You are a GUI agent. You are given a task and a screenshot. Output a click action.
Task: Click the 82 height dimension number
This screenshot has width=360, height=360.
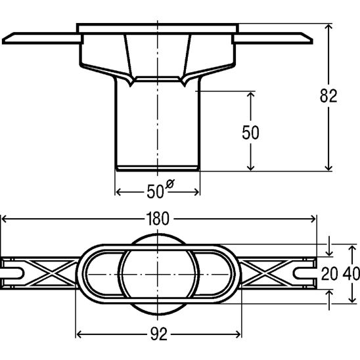point(328,96)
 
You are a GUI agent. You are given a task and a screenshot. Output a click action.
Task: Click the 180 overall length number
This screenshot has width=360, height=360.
point(158,219)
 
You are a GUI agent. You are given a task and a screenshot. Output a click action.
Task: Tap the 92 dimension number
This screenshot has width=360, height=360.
point(159,334)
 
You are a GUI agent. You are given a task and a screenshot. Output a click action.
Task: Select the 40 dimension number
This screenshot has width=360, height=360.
point(351,274)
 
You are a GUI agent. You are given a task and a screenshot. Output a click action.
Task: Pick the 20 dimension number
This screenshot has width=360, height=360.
point(330,274)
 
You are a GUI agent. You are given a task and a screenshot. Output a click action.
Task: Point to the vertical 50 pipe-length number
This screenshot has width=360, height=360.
point(250,133)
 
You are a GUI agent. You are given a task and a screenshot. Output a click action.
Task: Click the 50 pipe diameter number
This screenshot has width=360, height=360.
point(155,191)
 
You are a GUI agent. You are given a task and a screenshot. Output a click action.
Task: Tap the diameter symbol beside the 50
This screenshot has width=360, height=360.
point(170,184)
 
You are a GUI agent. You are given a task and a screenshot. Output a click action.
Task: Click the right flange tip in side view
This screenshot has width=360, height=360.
point(312,42)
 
